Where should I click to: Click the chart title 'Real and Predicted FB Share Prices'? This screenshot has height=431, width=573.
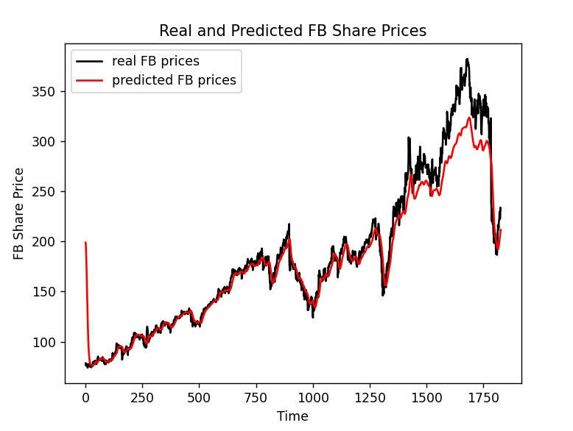click(292, 31)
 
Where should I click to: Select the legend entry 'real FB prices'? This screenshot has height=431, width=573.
click(155, 61)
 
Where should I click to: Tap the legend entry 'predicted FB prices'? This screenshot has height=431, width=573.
click(174, 80)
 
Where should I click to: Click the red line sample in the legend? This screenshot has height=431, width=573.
click(91, 81)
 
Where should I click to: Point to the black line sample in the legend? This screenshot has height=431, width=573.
click(91, 62)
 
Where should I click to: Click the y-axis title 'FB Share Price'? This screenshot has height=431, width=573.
click(20, 213)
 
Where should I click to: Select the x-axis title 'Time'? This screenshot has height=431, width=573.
click(292, 416)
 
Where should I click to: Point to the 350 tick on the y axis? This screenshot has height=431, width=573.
click(49, 91)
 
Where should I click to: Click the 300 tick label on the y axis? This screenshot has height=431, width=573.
click(49, 141)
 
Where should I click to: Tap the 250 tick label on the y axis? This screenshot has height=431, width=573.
click(49, 191)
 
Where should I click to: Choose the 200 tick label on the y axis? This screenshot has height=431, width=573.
click(49, 242)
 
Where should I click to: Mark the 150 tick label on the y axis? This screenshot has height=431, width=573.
click(49, 292)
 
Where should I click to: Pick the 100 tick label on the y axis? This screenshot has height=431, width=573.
click(49, 342)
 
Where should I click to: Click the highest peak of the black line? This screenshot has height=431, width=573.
click(467, 60)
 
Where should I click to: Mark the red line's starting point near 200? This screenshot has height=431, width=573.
click(85, 242)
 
